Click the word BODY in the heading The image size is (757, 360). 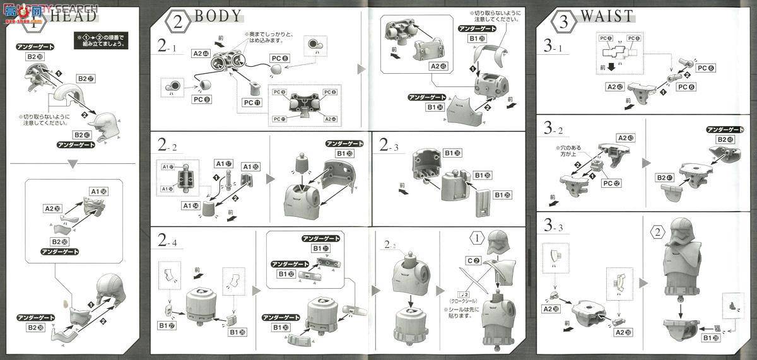pos(218,17)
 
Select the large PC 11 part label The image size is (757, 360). pos(251,102)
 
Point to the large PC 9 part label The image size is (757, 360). pos(201,100)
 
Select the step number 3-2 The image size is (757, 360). pos(555,130)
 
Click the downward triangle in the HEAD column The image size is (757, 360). pos(73,164)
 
